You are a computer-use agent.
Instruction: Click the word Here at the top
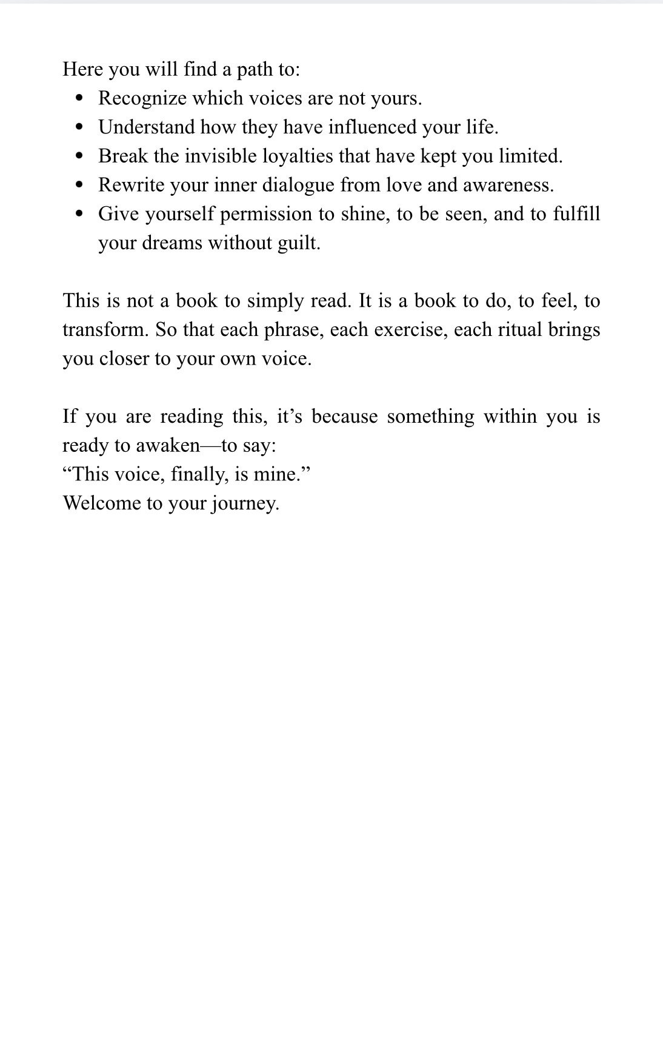click(x=83, y=69)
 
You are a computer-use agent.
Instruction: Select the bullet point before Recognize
click(x=79, y=98)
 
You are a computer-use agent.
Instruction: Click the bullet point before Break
click(x=79, y=156)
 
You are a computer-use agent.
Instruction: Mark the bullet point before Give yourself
click(x=79, y=214)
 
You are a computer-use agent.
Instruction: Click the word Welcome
click(x=101, y=503)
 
